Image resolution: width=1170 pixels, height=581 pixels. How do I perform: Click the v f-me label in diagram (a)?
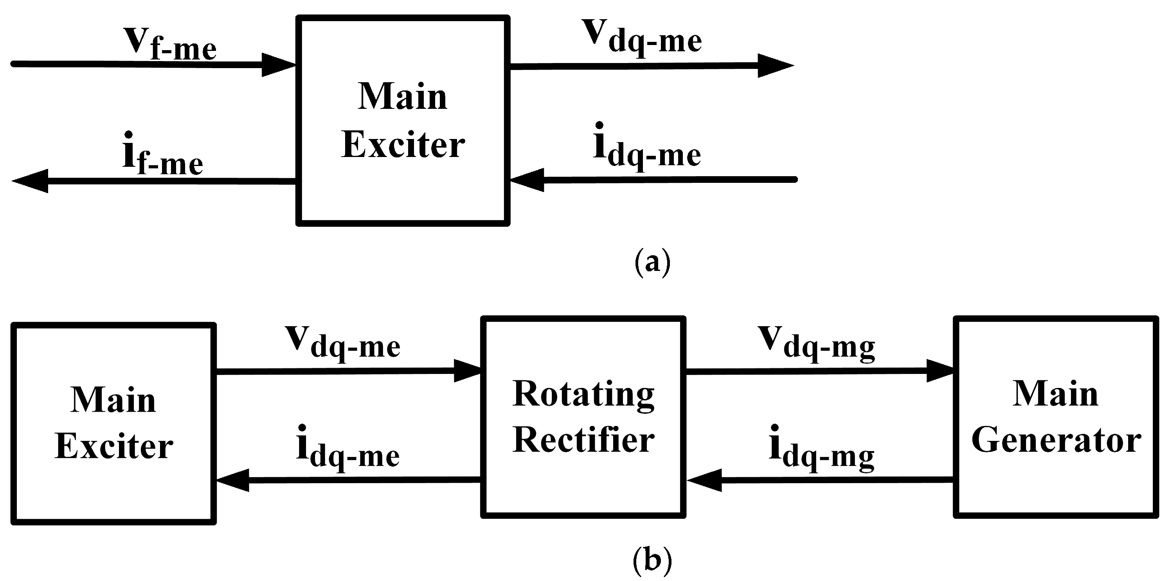170,44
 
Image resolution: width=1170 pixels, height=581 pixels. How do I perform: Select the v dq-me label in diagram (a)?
642,38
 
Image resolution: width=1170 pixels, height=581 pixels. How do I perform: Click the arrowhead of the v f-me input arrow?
277,65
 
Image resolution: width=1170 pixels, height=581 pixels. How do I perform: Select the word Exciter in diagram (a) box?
403,145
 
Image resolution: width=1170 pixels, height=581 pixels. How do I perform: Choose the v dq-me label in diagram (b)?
342,343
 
